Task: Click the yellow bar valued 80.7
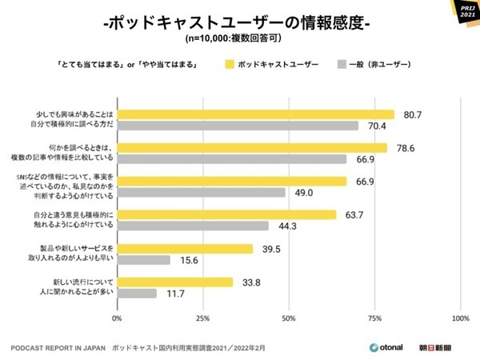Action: (x=256, y=114)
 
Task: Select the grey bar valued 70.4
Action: (x=238, y=126)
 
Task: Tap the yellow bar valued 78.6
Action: (x=252, y=148)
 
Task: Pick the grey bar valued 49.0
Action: (x=202, y=193)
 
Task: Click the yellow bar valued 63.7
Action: (x=226, y=214)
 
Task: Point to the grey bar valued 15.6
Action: (x=144, y=260)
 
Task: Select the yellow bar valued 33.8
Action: (x=175, y=282)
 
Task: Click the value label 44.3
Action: (x=288, y=226)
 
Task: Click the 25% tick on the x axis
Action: (x=203, y=318)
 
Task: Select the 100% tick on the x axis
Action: (x=460, y=318)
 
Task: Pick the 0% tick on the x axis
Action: (x=118, y=318)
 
